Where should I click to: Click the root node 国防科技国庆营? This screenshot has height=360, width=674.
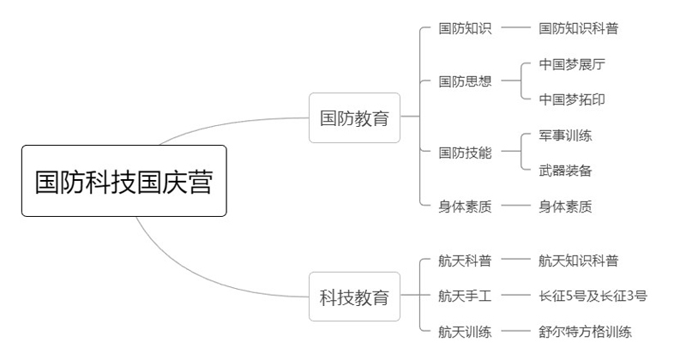tap(123, 181)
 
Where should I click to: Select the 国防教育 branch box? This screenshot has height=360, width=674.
tap(354, 117)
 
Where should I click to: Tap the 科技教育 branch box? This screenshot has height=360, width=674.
tap(354, 297)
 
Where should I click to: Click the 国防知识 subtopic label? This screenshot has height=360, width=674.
tap(465, 28)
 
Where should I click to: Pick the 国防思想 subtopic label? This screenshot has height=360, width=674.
tap(465, 81)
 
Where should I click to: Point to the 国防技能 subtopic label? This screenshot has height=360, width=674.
tap(465, 153)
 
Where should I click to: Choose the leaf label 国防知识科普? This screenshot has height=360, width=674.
tap(578, 28)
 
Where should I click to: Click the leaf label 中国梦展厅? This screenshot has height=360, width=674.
tap(572, 64)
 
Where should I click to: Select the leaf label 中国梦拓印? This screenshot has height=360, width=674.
tap(572, 99)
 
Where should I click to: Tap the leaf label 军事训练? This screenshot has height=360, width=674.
tap(565, 135)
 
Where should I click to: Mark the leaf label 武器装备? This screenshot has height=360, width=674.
tap(565, 171)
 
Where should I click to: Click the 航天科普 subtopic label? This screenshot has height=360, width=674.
tap(465, 261)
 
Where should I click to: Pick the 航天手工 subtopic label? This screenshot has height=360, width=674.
tap(465, 297)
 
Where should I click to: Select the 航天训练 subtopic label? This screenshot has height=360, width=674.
tap(465, 332)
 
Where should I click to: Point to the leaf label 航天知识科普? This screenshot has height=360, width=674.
tap(578, 261)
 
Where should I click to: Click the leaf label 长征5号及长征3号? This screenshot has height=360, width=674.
tap(593, 297)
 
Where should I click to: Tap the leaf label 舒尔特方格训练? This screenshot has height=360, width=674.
tap(585, 332)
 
